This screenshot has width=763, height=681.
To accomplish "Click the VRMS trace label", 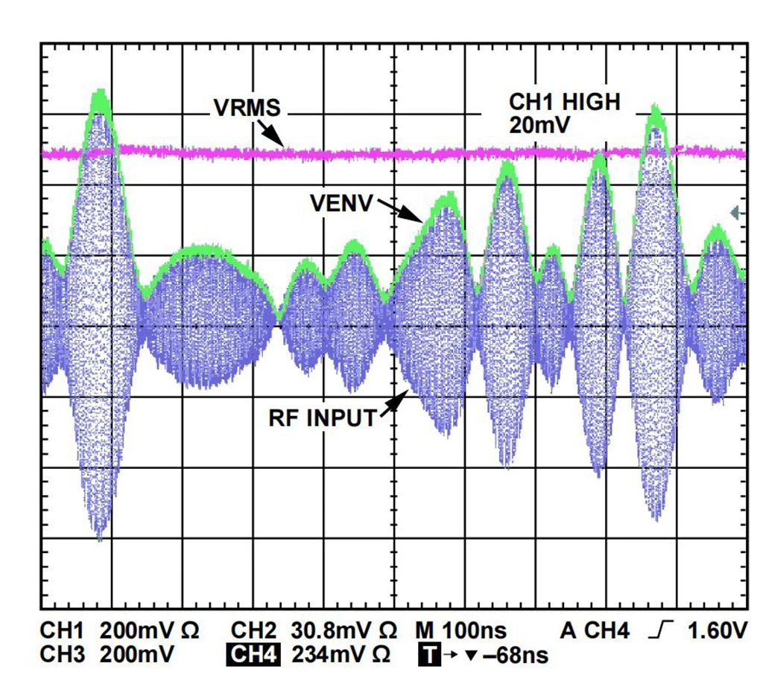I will click(247, 108).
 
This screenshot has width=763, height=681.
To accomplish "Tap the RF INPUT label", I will click(323, 418).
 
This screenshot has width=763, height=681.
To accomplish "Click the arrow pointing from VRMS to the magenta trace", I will click(272, 135).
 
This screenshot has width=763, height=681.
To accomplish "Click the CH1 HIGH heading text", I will click(563, 102).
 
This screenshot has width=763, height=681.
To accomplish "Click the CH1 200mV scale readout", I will click(119, 632).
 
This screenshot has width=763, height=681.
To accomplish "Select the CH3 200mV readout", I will click(107, 655).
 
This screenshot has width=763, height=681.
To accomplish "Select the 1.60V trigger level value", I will click(718, 632).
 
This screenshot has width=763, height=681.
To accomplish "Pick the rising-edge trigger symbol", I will click(661, 632).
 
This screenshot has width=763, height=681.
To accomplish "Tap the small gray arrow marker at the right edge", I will click(737, 213).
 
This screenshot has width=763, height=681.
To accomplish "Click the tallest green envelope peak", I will click(100, 95).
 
